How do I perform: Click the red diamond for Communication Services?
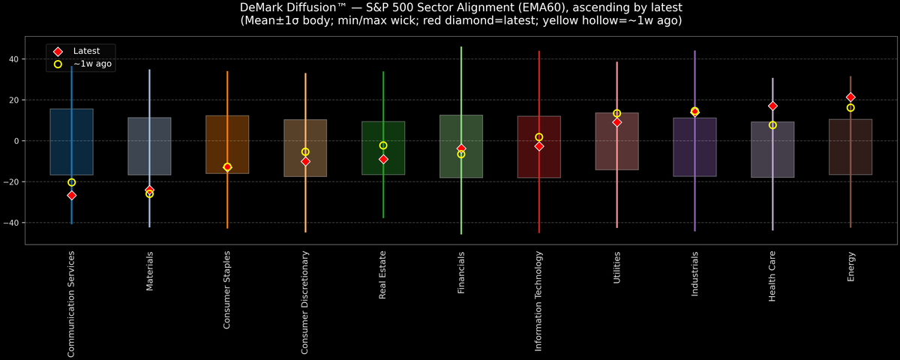click(71, 195)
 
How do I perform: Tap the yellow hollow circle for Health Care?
click(772, 125)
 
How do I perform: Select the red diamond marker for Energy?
click(850, 97)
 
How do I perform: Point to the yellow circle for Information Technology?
click(539, 137)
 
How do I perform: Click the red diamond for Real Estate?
click(383, 159)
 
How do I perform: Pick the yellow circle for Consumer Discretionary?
click(305, 152)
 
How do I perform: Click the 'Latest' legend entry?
click(85, 50)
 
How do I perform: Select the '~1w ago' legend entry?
click(91, 64)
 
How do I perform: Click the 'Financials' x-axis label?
click(461, 273)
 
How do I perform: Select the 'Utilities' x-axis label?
click(617, 269)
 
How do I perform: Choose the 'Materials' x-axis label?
click(149, 271)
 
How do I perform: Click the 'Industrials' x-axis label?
click(695, 274)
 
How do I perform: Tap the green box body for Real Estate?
click(383, 135)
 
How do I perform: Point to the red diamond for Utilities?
click(617, 122)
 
